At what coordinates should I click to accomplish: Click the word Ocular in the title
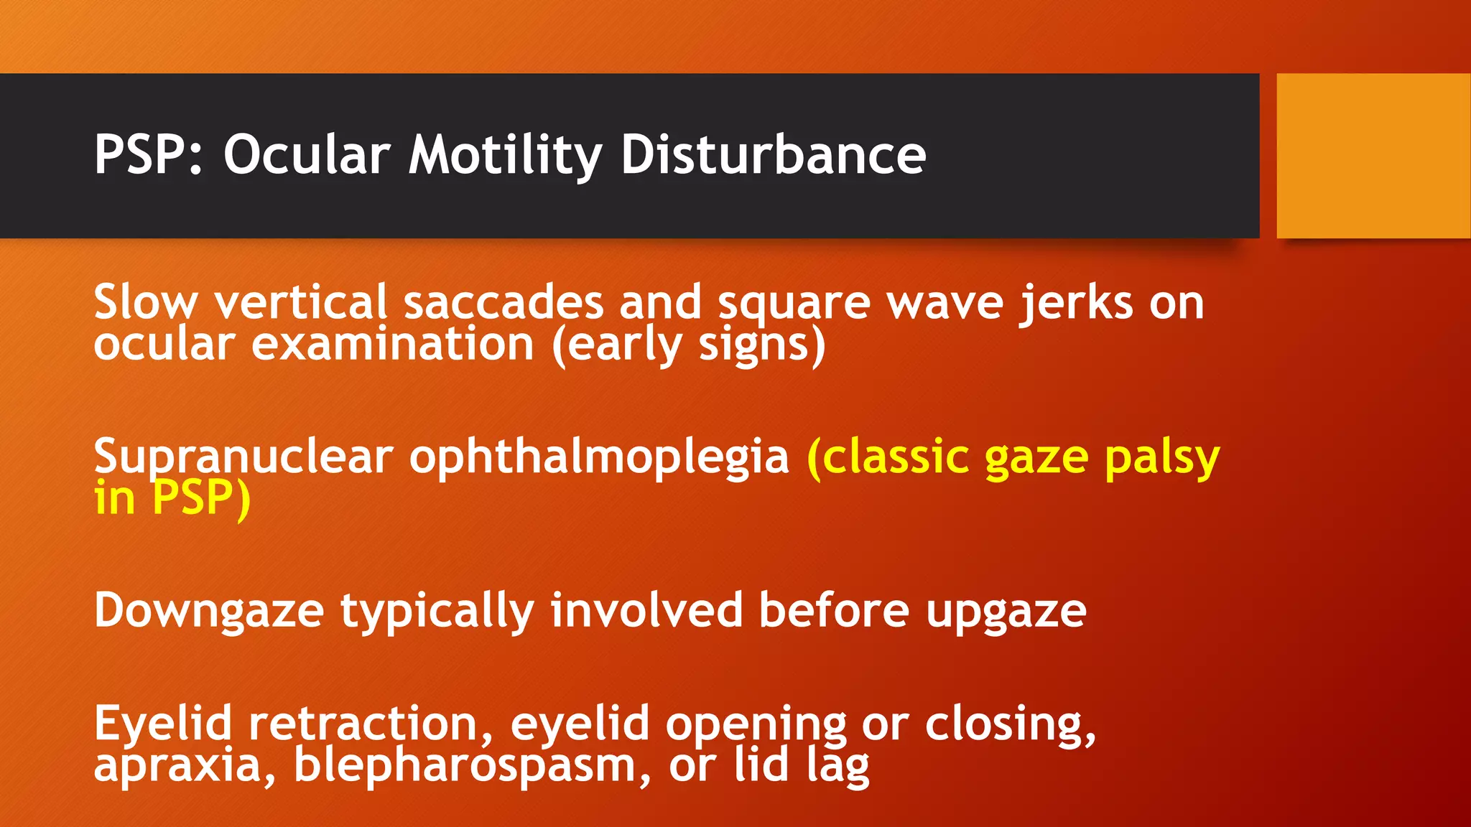click(307, 155)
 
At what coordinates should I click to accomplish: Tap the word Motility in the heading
click(505, 155)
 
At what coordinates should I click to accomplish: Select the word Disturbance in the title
click(773, 155)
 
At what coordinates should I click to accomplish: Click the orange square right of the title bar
click(1373, 155)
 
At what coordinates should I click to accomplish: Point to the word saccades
click(503, 303)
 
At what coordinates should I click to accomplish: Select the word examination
click(392, 345)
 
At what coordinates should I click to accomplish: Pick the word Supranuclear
click(243, 457)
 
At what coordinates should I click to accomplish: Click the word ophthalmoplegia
click(599, 457)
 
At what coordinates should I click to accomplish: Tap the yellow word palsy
click(1161, 458)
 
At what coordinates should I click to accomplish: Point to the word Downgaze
click(209, 612)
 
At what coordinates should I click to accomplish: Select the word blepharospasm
click(464, 766)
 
